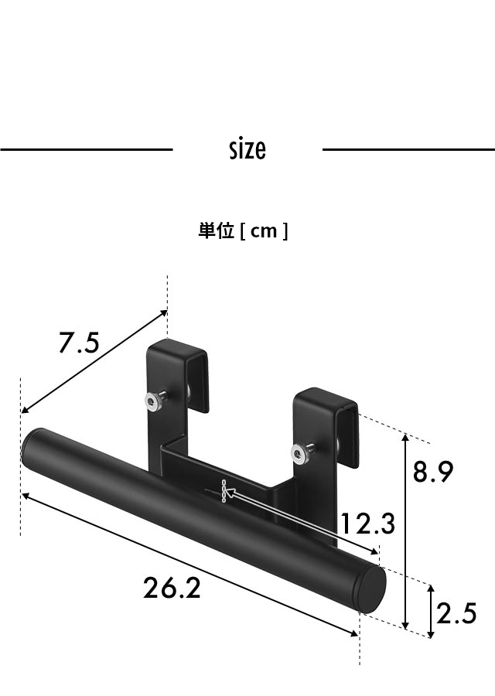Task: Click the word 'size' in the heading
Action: (x=247, y=148)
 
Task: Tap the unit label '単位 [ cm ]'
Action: (x=243, y=230)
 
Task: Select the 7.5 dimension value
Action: (x=79, y=342)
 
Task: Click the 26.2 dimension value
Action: (x=172, y=589)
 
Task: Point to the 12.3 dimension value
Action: (x=368, y=524)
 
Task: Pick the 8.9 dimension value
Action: (x=432, y=471)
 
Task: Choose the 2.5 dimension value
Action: (x=456, y=614)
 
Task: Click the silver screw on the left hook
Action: (x=154, y=401)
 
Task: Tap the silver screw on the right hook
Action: (x=299, y=454)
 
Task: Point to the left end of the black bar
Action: (x=31, y=448)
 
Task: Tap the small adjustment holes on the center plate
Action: (x=223, y=493)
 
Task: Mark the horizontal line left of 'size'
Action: (x=86, y=149)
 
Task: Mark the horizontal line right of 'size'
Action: (x=408, y=149)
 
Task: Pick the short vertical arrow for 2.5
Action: (x=431, y=610)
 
